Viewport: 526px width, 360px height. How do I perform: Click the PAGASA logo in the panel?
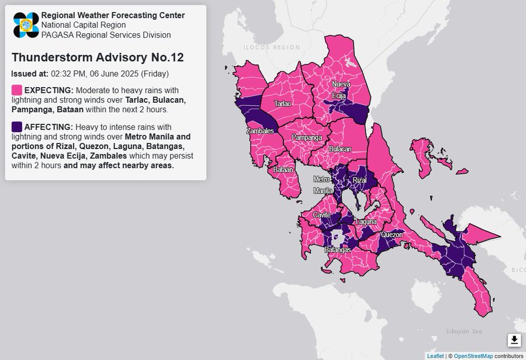click(26, 25)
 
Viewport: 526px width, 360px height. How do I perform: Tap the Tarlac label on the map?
click(283, 104)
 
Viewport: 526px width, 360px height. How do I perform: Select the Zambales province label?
click(260, 131)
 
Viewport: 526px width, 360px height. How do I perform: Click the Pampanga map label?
click(307, 138)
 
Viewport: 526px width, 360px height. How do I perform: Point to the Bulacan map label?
click(340, 150)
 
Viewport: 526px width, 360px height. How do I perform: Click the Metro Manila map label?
click(322, 185)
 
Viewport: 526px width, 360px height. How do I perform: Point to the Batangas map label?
click(337, 250)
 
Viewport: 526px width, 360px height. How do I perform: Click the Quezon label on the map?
click(392, 235)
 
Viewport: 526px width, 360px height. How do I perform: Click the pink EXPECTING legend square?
click(17, 90)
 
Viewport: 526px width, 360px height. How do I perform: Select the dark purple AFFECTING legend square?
click(17, 127)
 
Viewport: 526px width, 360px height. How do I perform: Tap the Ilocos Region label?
click(264, 47)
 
